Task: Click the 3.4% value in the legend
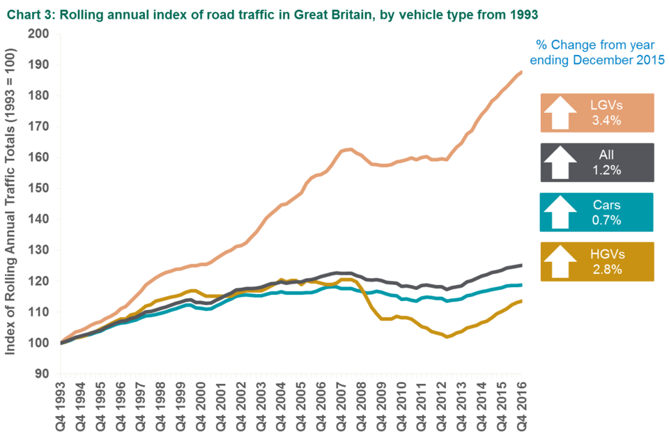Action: [x=606, y=121]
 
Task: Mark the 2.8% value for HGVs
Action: [x=606, y=270]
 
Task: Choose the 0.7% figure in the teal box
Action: [x=606, y=220]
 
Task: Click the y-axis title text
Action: [x=12, y=203]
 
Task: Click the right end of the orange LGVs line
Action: [x=521, y=71]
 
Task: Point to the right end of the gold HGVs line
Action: [x=521, y=301]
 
